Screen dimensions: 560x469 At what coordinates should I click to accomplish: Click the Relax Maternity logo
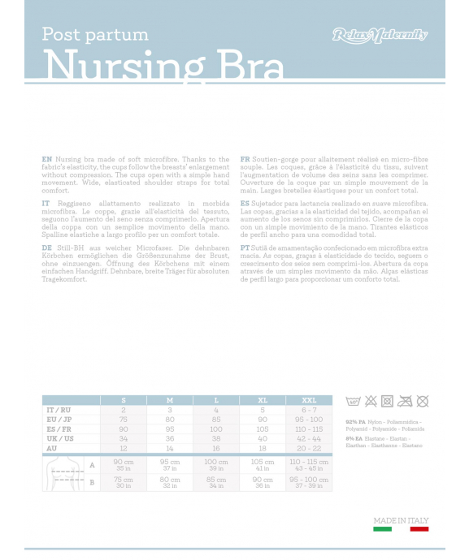pos(380,35)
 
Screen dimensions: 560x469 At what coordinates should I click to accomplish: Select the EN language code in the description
pos(46,159)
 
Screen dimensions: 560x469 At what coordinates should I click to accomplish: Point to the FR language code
pos(245,159)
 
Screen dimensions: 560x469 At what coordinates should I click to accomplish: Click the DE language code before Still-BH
pos(46,247)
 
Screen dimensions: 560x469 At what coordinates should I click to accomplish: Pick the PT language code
pos(245,247)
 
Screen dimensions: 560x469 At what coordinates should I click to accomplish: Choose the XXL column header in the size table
pos(309,400)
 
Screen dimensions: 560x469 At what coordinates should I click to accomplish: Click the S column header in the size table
pos(124,400)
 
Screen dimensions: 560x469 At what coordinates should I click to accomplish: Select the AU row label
pos(51,448)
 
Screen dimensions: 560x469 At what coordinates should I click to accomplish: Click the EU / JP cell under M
pos(170,420)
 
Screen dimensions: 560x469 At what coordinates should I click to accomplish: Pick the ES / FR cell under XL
pos(263,429)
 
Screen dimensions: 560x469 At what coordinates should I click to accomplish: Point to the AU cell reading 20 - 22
pos(309,448)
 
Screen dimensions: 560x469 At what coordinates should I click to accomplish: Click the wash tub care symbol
pos(353,401)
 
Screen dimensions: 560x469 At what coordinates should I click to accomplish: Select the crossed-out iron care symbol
pos(405,401)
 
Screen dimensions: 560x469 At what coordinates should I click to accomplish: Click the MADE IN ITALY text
pos(401,520)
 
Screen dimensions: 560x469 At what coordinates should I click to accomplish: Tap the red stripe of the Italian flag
pos(419,529)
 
